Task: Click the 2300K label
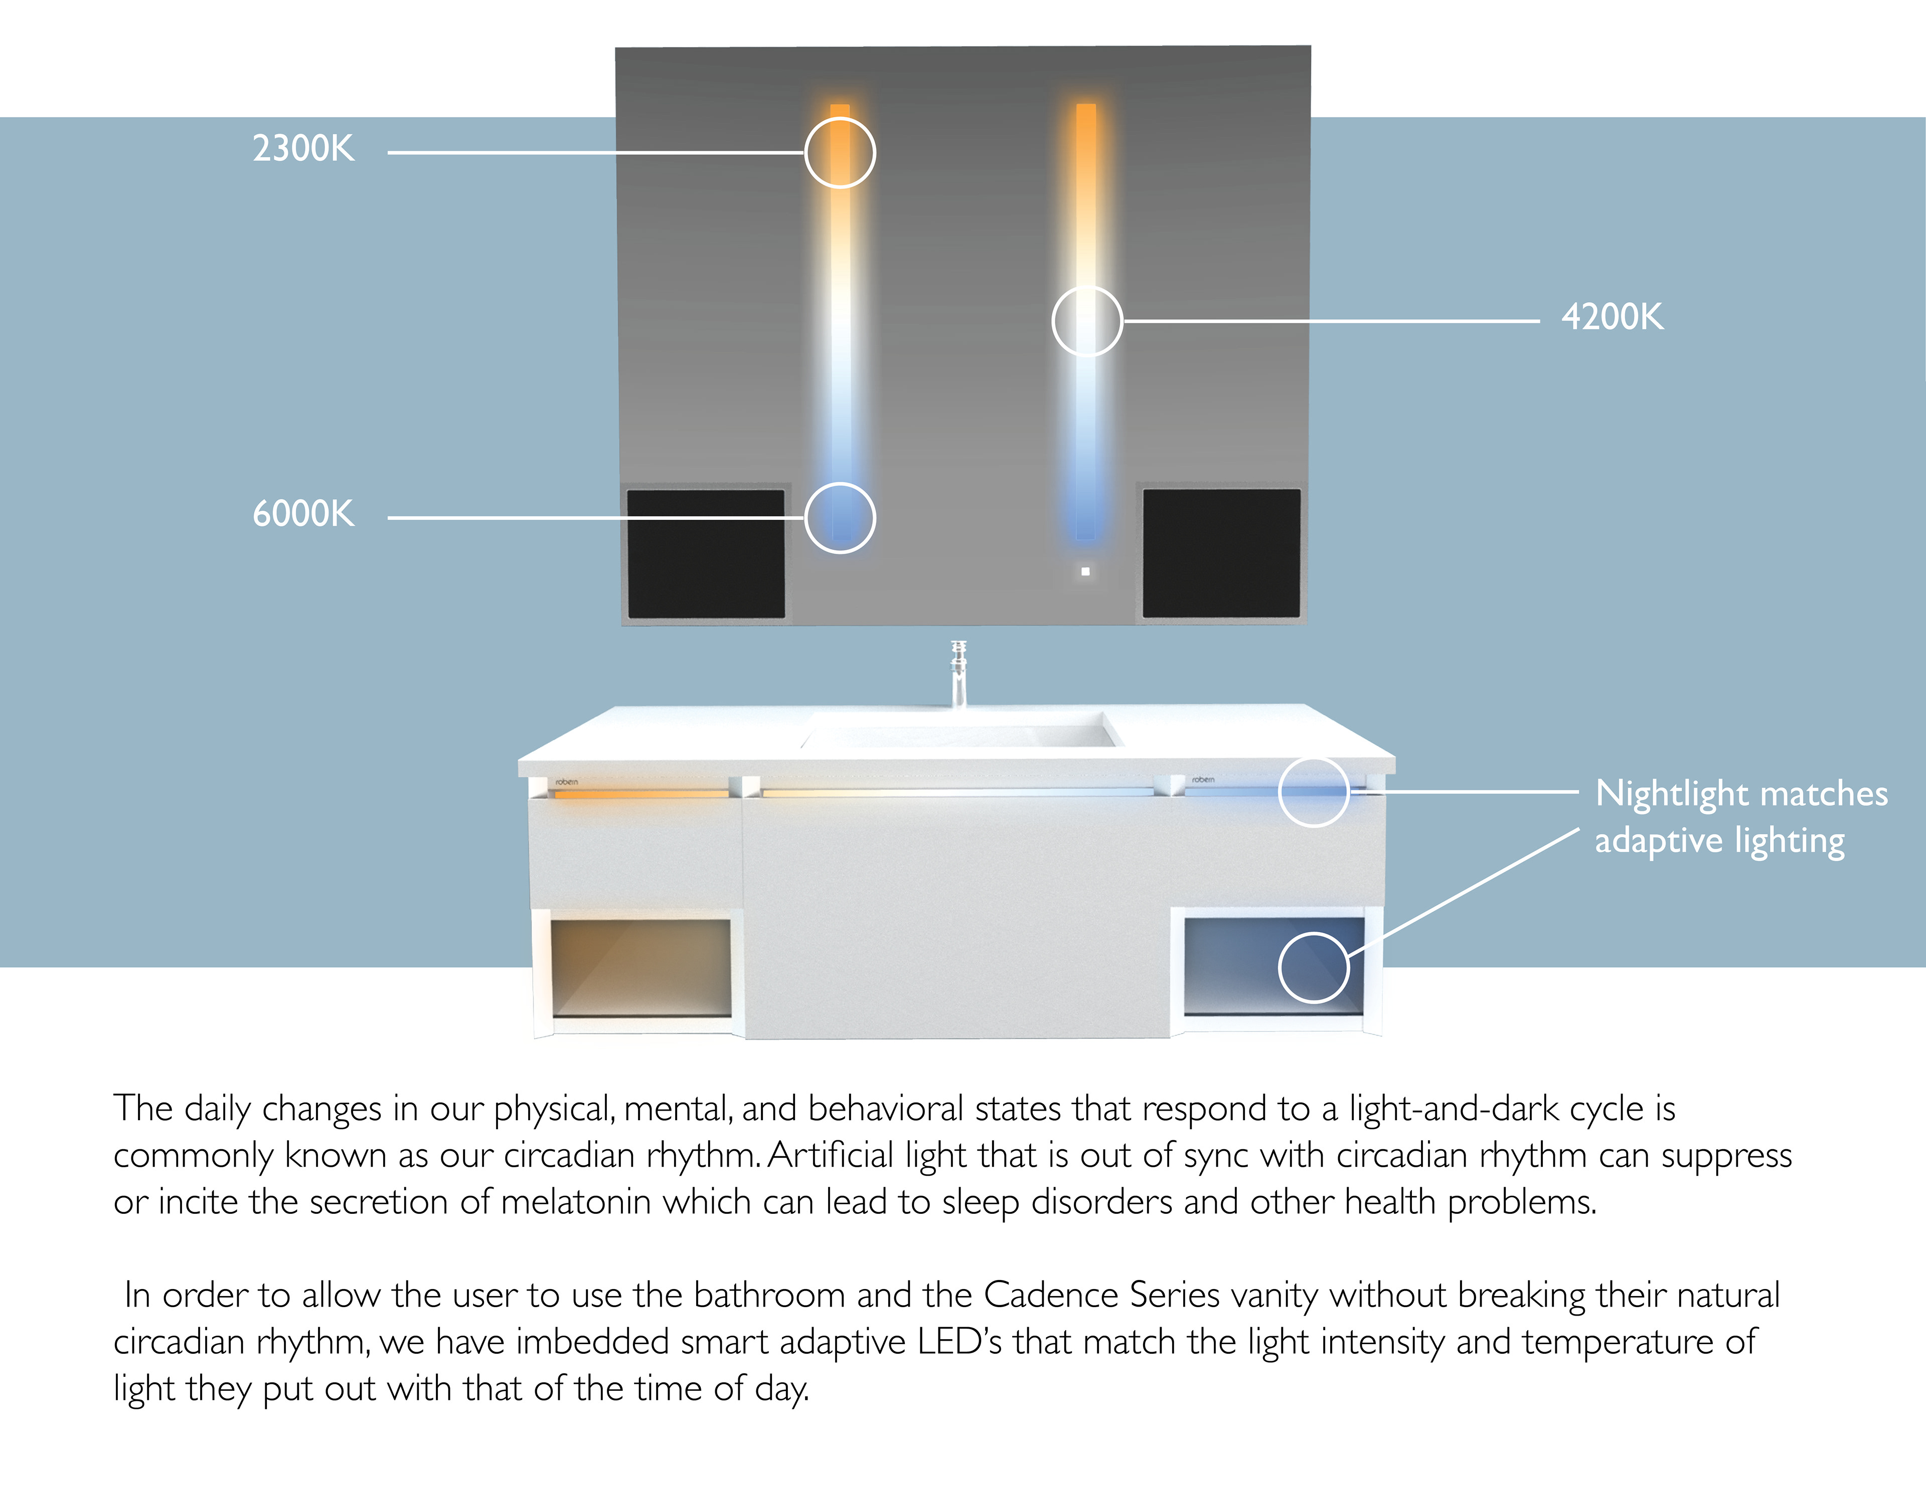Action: point(303,148)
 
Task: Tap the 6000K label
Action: point(303,513)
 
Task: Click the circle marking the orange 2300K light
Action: point(840,152)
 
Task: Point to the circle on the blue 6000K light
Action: point(840,518)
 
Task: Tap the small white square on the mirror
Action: point(1085,571)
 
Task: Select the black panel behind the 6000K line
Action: point(706,553)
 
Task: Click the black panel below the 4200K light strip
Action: point(1221,553)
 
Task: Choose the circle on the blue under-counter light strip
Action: point(1314,791)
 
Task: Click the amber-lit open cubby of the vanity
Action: point(641,967)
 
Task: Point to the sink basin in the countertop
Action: point(959,732)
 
